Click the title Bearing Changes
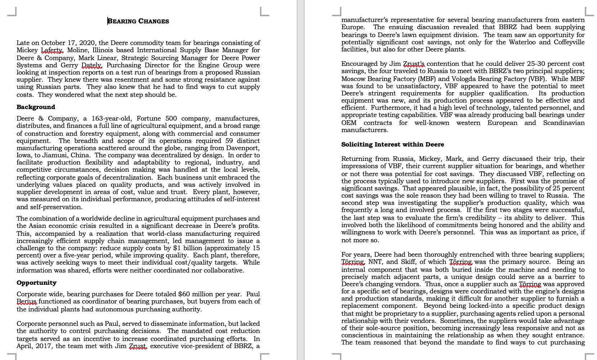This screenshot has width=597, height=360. [138, 21]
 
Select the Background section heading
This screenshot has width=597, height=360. [36, 107]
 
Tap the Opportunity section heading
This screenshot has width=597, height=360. [36, 283]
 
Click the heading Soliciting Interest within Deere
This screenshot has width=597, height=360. [392, 144]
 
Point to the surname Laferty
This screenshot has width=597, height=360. [52, 50]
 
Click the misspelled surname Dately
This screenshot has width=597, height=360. [92, 65]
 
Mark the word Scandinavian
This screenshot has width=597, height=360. [564, 123]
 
